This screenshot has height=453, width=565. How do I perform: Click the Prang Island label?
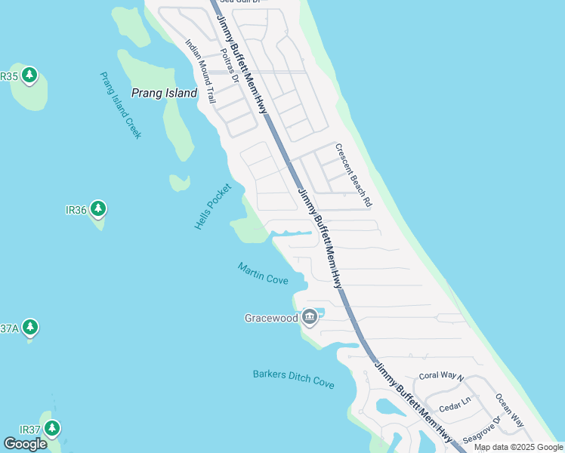pos(164,94)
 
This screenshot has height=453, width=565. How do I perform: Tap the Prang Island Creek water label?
pos(120,105)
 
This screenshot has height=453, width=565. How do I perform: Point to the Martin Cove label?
pos(263,273)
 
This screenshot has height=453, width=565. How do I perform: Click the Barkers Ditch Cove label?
pos(293,379)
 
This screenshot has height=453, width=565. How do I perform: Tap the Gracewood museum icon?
pos(309,318)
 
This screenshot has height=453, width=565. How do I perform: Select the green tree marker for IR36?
pos(97,208)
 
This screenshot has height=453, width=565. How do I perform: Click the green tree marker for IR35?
pos(29,75)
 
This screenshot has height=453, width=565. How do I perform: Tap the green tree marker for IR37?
pos(51,429)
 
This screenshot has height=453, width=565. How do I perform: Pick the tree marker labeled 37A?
pos(30,327)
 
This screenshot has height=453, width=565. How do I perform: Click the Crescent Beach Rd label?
pos(354,176)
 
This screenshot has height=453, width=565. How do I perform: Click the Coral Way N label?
pos(441,377)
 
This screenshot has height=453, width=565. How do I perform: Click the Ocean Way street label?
pos(510,410)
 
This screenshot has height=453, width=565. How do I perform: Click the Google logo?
pos(26,444)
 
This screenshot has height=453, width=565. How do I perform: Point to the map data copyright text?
pos(519,447)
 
